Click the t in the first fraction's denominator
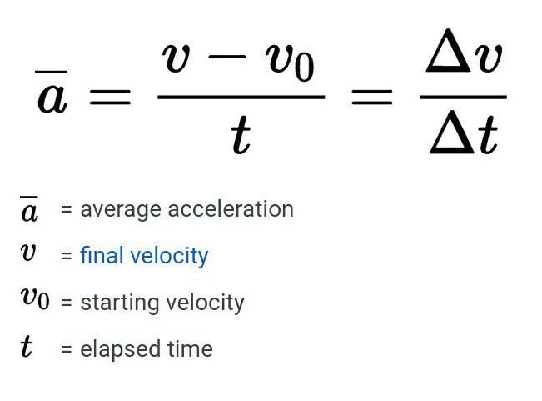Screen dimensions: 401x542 coord(240,136)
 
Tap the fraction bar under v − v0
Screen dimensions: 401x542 coord(240,98)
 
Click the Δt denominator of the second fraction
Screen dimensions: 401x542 coord(464,133)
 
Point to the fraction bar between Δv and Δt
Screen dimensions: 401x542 coord(464,98)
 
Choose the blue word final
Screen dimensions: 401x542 coord(100,255)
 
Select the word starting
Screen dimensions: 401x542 coord(110,302)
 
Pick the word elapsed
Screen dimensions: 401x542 coord(111,348)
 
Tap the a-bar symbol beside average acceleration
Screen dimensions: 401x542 coord(29,209)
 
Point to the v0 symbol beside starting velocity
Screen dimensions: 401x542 coord(34,298)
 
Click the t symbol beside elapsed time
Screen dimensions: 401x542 coord(27,346)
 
